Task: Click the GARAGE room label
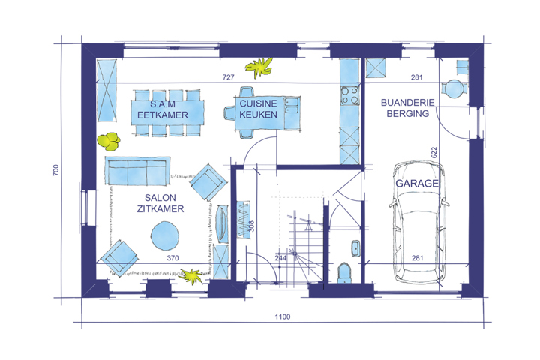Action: pos(417,183)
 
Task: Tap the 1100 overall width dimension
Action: pos(283,316)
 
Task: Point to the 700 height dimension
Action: pos(55,170)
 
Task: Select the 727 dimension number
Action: pos(228,77)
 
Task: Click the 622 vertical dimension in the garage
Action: pos(433,152)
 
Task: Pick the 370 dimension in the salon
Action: pos(172,258)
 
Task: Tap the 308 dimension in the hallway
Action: pos(251,226)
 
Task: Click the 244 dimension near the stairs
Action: pos(280,258)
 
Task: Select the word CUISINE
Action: pos(258,103)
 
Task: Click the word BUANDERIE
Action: pos(408,102)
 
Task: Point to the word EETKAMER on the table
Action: pos(163,115)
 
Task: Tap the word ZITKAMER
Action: pos(160,208)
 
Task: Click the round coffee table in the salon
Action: pos(165,235)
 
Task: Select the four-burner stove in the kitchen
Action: pos(350,95)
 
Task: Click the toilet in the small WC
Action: pos(344,273)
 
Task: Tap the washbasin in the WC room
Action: pos(355,248)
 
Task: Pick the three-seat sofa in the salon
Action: pos(137,171)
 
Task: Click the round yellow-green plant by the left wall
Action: pos(109,142)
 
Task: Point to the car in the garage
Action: pos(418,221)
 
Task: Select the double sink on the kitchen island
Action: pos(291,106)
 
